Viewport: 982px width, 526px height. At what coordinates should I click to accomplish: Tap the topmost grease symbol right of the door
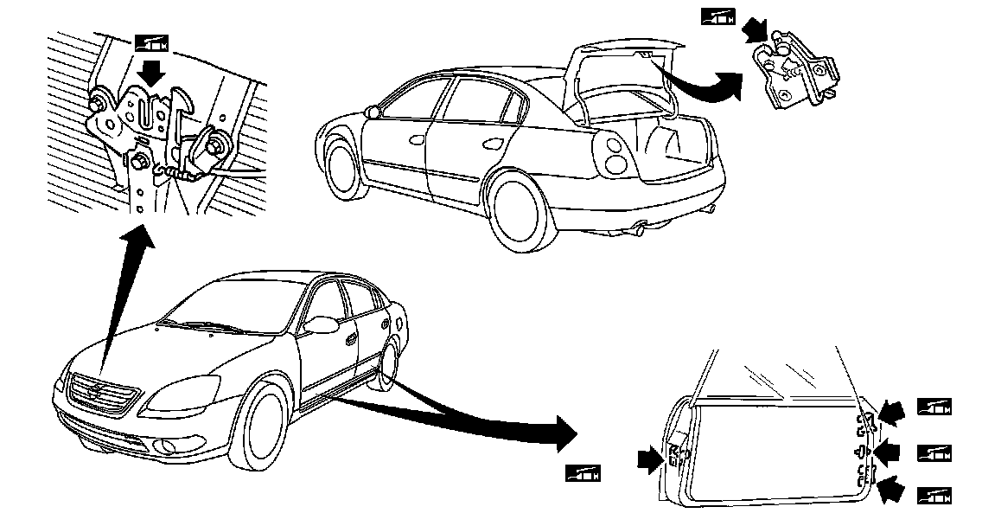(x=934, y=407)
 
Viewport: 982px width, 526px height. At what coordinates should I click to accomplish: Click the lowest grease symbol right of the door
(x=934, y=496)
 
